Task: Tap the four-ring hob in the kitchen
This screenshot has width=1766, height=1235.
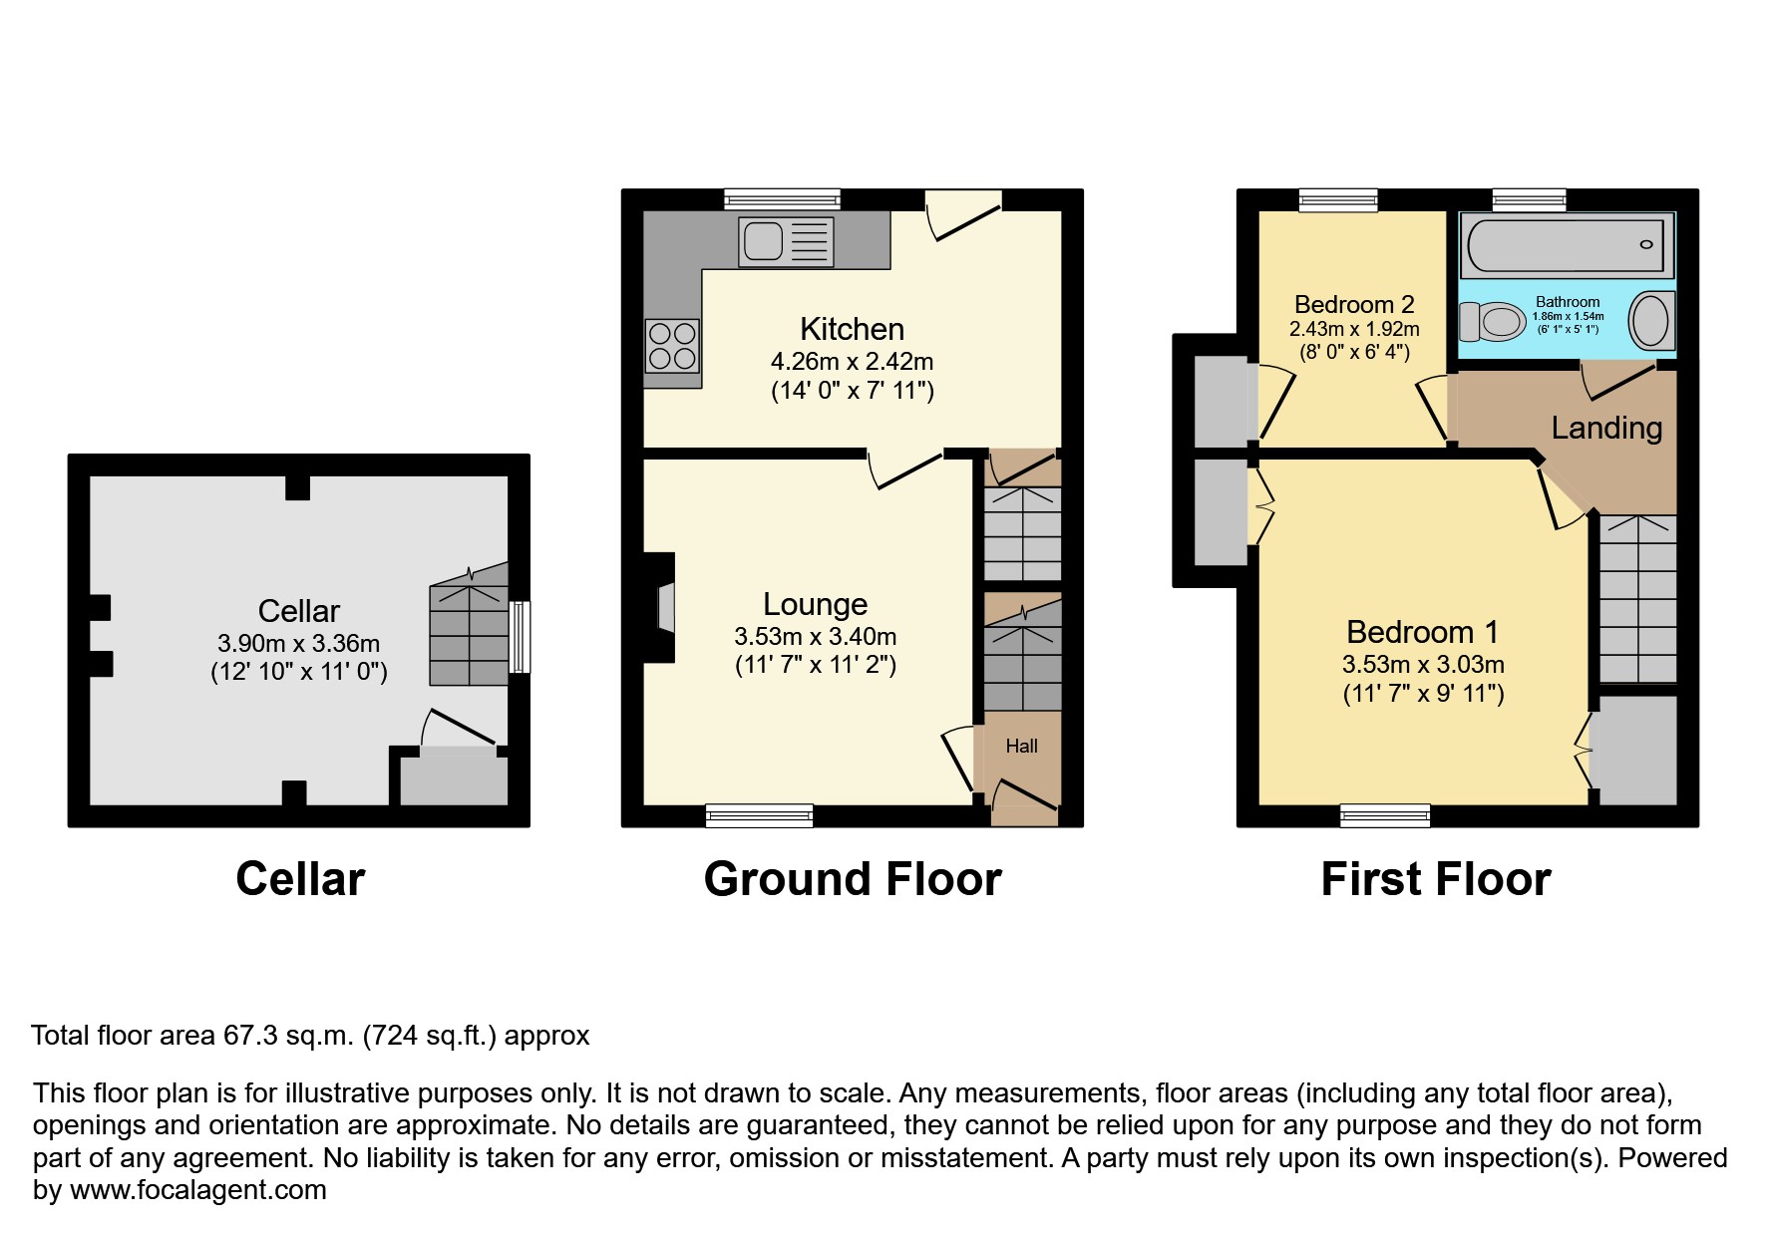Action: [672, 345]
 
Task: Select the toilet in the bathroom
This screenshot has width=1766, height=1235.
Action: [1493, 322]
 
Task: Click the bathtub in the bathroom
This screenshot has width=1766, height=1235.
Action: [1567, 244]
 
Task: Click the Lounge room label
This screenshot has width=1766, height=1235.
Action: [815, 604]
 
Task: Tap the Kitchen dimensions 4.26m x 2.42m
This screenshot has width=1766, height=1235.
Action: [852, 362]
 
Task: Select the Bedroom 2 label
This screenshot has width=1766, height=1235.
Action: [1354, 304]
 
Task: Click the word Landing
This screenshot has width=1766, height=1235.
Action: [1606, 428]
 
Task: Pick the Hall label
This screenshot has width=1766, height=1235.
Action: [1021, 746]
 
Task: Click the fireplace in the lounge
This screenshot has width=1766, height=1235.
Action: [660, 608]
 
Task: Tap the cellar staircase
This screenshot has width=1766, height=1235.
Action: [469, 635]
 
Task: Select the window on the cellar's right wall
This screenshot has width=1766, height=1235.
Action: [520, 636]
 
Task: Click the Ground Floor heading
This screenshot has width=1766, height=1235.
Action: [853, 879]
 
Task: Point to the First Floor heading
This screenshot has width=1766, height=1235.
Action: [1435, 879]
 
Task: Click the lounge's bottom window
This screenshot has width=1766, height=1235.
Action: [759, 815]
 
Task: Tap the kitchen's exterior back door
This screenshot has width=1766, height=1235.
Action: [963, 214]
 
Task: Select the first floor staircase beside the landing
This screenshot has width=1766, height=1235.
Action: [1638, 598]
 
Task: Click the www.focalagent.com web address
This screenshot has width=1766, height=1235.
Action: [198, 1190]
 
